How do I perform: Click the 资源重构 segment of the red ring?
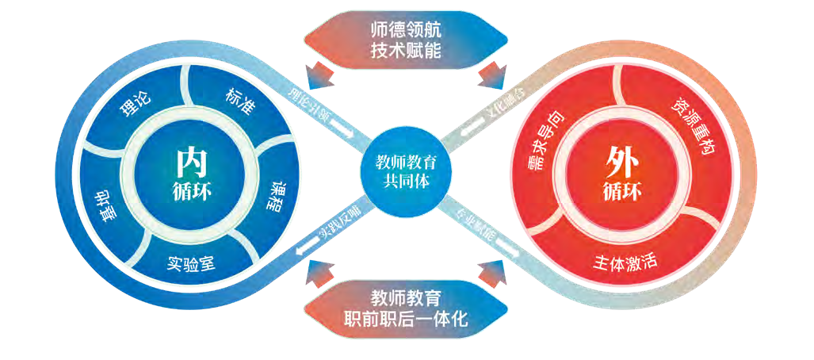(691, 127)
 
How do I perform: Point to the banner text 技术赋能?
(406, 50)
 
